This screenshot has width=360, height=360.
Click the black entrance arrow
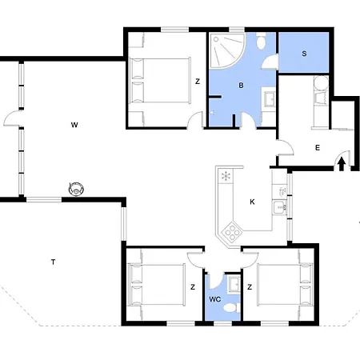342,164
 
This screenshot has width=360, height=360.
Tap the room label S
304,54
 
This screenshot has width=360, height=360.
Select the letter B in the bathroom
241,86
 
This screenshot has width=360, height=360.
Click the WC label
215,299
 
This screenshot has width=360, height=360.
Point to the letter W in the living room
74,125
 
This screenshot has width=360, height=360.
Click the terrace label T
53,262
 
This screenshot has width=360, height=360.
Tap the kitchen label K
252,202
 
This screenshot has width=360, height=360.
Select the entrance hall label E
318,148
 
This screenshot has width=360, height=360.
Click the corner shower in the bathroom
226,50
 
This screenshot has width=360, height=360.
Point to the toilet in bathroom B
261,41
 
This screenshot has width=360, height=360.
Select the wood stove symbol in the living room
76,189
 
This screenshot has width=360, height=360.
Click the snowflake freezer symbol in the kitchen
226,176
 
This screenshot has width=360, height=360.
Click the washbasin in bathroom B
270,98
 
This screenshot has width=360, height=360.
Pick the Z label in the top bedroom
198,82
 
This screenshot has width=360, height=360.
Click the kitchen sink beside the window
280,207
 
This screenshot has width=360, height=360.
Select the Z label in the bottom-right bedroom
250,287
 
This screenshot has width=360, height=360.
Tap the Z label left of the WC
193,287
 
